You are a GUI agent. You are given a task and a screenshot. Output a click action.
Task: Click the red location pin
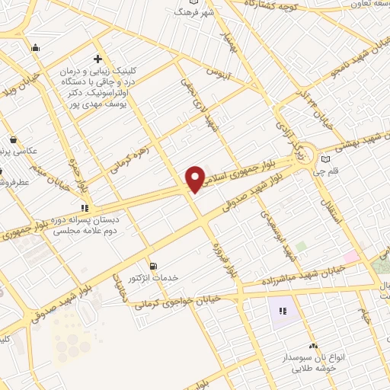pos(195,178)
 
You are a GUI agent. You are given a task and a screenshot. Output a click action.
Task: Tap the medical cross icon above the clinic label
pos(97,58)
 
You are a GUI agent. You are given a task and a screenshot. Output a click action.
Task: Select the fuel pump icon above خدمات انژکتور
pos(155,267)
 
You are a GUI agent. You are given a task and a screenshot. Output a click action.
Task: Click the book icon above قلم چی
pos(327,159)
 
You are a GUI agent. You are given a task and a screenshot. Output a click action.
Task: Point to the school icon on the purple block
pos(283,311)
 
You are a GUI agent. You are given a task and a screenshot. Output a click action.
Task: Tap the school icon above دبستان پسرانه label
pos(85,206)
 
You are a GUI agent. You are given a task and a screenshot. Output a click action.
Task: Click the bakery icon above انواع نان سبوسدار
pos(314,346)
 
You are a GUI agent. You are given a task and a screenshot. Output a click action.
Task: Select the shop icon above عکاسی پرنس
pos(14,139)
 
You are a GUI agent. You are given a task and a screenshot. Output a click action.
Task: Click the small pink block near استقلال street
pos(350,257)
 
